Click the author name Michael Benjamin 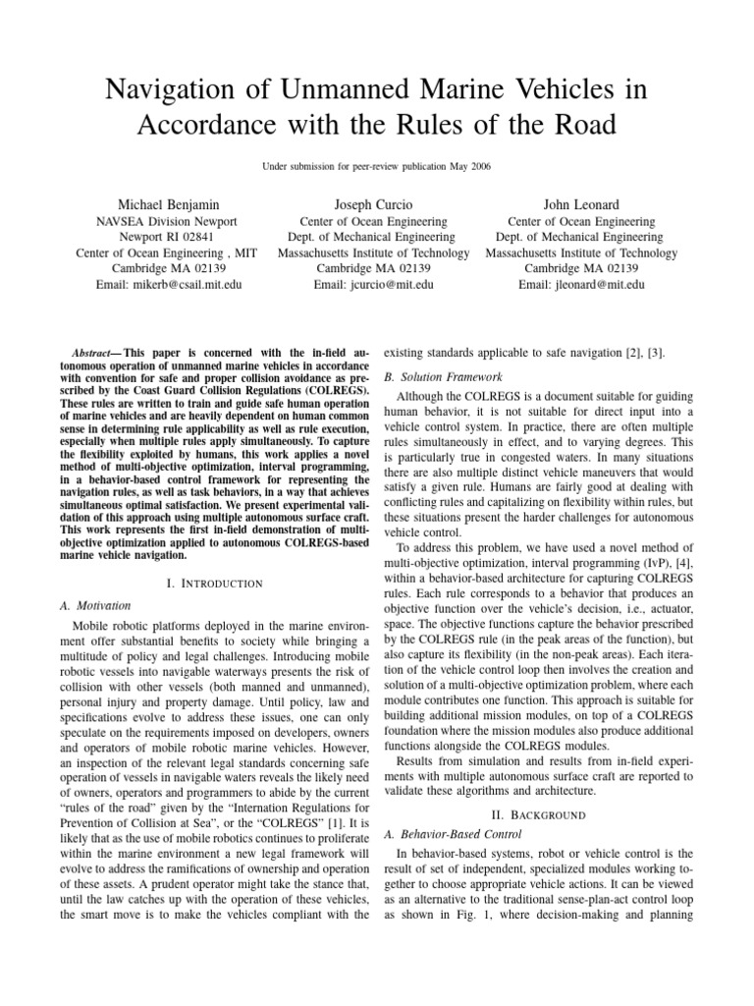pos(165,203)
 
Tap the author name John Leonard pos(582,203)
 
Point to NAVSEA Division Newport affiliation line pos(165,222)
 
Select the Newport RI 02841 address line pos(165,237)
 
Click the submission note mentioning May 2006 pos(376,168)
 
